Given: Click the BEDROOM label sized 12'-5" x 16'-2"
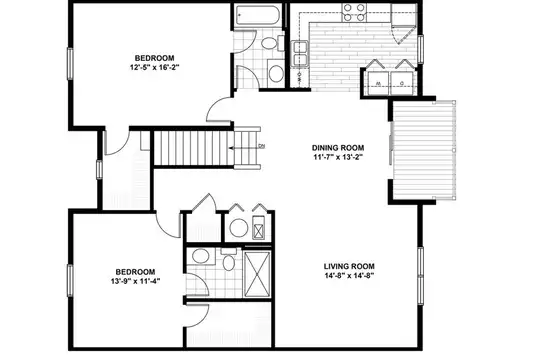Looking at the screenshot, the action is point(154,58).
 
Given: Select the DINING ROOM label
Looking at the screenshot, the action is point(338,148).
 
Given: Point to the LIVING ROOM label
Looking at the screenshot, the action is point(349,266).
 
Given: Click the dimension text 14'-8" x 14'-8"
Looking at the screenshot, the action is point(349,276).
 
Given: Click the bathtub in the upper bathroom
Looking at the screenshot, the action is point(258,15).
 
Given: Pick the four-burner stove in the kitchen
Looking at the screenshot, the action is point(354,12).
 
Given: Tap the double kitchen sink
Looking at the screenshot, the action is point(300,53).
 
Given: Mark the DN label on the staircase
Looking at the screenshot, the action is point(262,146).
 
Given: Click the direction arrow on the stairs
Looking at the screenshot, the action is point(244,148).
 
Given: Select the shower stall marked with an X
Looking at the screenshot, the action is point(257,274).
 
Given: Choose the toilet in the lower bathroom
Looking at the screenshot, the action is point(228,260).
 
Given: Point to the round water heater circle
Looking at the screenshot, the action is point(239,228).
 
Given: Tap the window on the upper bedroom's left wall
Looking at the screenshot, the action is point(70,64).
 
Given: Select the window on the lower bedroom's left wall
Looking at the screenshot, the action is point(70,280).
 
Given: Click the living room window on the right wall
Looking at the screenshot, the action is point(420,276).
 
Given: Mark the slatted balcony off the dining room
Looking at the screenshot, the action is point(424,150).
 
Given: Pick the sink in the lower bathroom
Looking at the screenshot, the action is point(200,257).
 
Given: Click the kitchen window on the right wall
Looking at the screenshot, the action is point(420,49).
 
